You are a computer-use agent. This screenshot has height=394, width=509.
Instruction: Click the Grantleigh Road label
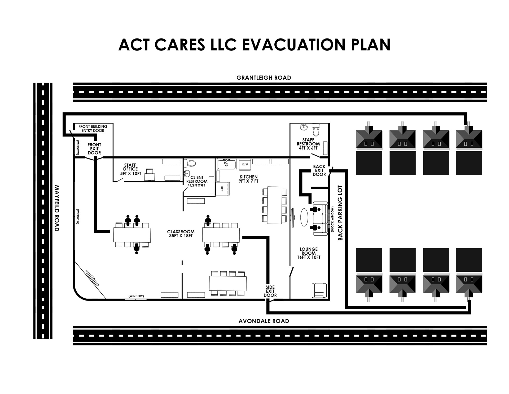264,78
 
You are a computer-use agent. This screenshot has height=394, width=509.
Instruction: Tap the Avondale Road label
264,321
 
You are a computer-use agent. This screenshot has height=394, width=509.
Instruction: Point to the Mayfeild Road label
56,208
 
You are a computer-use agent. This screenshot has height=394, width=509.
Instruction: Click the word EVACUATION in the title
294,44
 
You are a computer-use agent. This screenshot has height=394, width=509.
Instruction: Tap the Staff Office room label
130,169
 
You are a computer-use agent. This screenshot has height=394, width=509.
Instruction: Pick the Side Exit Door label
270,291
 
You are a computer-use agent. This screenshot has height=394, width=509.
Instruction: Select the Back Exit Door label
319,170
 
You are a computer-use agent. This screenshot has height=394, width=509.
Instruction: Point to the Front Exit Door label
94,149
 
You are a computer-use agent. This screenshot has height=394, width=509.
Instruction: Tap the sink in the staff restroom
304,127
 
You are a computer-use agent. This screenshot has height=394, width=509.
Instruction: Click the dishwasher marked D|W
245,165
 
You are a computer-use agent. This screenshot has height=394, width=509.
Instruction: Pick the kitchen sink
226,164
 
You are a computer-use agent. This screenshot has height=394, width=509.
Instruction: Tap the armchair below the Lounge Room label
319,291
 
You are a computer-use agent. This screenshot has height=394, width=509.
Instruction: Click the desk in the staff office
150,174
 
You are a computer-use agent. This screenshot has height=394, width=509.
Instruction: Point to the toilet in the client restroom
190,163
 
